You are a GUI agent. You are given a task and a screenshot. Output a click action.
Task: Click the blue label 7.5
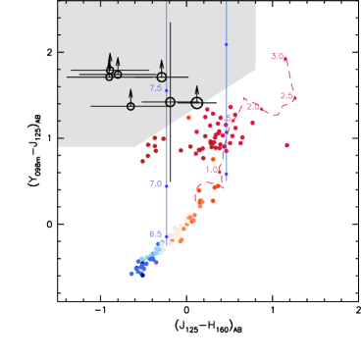pyautogui.click(x=155, y=88)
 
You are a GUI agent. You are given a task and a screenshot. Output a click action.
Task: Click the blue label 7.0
pyautogui.click(x=155, y=184)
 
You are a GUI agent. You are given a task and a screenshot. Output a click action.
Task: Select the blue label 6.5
pyautogui.click(x=155, y=234)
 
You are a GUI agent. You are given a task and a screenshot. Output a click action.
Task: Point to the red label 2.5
pyautogui.click(x=285, y=96)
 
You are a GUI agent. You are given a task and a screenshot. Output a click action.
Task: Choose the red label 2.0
pyautogui.click(x=252, y=106)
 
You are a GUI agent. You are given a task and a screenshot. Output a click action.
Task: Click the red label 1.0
pyautogui.click(x=212, y=170)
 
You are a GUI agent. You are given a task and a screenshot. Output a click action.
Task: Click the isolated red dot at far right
pyautogui.click(x=286, y=145)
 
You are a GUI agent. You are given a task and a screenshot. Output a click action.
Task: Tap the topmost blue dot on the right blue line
pyautogui.click(x=226, y=44)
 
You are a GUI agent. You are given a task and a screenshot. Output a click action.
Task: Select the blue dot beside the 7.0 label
pyautogui.click(x=167, y=185)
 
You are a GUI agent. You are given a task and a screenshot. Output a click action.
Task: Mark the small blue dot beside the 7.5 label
pyautogui.click(x=167, y=90)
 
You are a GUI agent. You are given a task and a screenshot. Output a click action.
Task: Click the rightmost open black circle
pyautogui.click(x=196, y=102)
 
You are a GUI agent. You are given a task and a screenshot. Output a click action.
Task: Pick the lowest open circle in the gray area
pyautogui.click(x=130, y=106)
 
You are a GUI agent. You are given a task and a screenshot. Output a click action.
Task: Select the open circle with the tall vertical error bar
pyautogui.click(x=170, y=102)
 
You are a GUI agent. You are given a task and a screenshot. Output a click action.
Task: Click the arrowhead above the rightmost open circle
pyautogui.click(x=196, y=88)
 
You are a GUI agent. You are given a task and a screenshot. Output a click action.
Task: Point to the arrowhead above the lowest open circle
pyautogui.click(x=130, y=92)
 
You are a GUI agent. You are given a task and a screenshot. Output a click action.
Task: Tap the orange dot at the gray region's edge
pyautogui.click(x=188, y=118)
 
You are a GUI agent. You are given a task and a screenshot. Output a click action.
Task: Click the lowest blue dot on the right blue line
pyautogui.click(x=226, y=175)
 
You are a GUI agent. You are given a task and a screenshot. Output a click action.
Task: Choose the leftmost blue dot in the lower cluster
pyautogui.click(x=131, y=274)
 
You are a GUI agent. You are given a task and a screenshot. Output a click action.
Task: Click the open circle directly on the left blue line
pyautogui.click(x=170, y=102)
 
